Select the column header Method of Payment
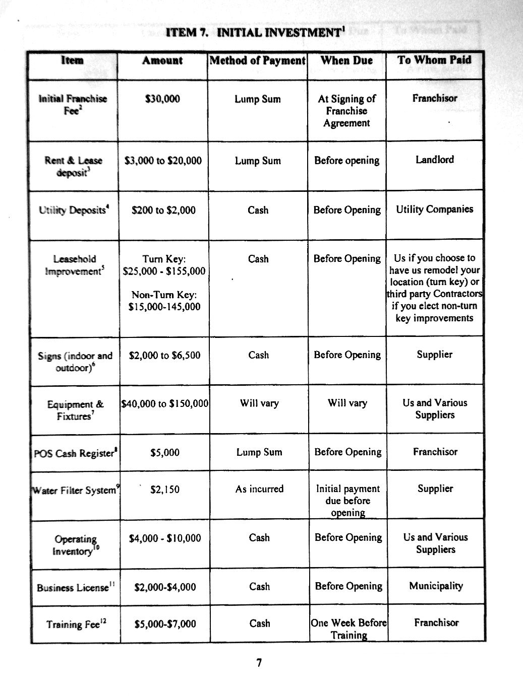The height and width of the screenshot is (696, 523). pyautogui.click(x=257, y=61)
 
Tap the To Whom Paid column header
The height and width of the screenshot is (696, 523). pyautogui.click(x=434, y=60)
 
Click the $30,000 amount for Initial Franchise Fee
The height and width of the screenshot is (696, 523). pyautogui.click(x=162, y=99)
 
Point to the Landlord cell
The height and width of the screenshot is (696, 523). pyautogui.click(x=435, y=160)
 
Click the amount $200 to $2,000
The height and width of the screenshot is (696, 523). pyautogui.click(x=163, y=210)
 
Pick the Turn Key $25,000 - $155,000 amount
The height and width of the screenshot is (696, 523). pyautogui.click(x=164, y=265)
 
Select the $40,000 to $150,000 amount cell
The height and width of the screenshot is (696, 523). pyautogui.click(x=165, y=403)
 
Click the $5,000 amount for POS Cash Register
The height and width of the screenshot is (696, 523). pyautogui.click(x=165, y=452)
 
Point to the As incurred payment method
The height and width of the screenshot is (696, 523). pyautogui.click(x=259, y=489)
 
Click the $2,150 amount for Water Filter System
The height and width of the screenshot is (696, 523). pyautogui.click(x=165, y=489)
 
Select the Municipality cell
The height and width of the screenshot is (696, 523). pyautogui.click(x=436, y=586)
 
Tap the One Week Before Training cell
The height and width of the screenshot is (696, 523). pyautogui.click(x=348, y=629)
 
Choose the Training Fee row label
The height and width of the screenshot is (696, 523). pyautogui.click(x=76, y=624)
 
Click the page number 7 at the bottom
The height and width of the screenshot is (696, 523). pyautogui.click(x=259, y=663)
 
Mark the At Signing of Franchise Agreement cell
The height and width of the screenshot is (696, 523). pyautogui.click(x=347, y=111)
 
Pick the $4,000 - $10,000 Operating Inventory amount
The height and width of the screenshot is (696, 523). pyautogui.click(x=165, y=538)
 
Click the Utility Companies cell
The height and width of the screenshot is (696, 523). pyautogui.click(x=435, y=209)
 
